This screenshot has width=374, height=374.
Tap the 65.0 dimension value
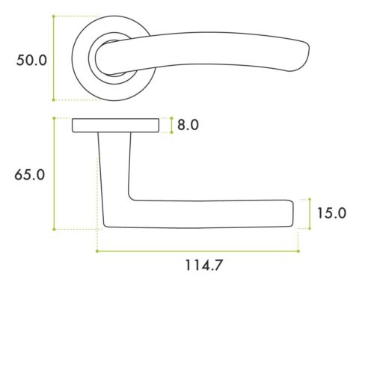(x=30, y=174)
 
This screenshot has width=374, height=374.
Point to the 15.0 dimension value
(x=331, y=213)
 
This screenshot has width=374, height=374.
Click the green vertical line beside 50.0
(x=54, y=58)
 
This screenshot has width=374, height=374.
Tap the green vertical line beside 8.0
(x=172, y=125)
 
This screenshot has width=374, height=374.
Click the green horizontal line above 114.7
(x=198, y=251)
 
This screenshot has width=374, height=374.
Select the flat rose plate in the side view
(x=115, y=125)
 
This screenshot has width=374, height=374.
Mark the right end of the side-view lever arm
(x=292, y=212)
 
